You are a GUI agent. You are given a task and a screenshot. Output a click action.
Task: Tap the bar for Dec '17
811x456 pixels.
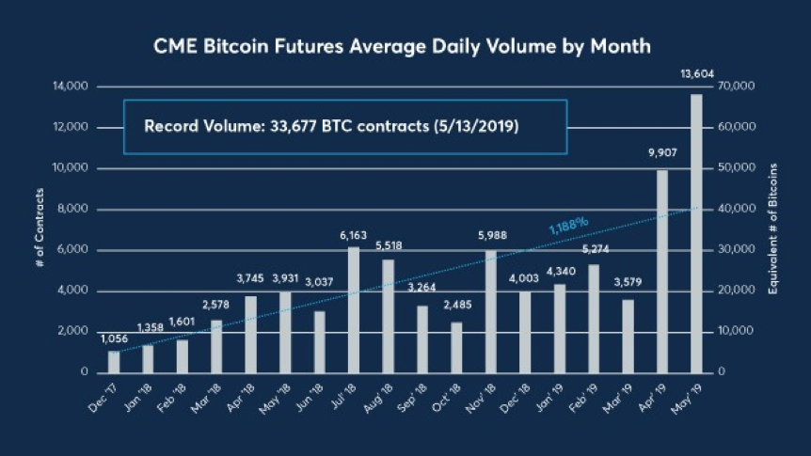pos(114,361)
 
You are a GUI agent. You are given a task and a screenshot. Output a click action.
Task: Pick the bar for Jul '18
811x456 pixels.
pos(354,309)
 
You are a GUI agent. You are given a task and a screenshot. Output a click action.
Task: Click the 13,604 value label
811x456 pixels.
pos(695,74)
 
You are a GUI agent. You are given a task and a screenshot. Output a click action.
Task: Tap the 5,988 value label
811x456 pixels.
pos(490,235)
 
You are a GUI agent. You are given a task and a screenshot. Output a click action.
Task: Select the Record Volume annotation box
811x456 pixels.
pos(345,126)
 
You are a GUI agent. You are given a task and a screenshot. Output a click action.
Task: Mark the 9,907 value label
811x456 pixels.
pos(662,155)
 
